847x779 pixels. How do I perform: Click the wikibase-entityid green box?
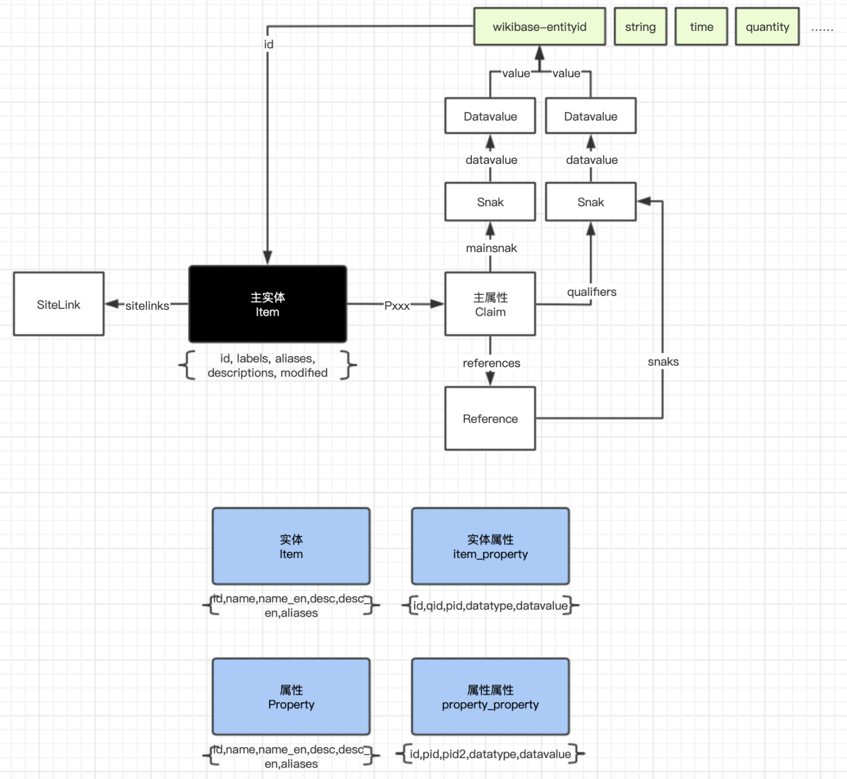(x=539, y=27)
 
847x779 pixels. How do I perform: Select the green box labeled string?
(x=640, y=27)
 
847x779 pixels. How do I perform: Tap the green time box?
(x=701, y=27)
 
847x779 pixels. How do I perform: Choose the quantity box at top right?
(x=767, y=27)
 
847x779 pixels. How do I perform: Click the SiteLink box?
(x=58, y=304)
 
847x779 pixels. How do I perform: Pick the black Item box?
(x=267, y=304)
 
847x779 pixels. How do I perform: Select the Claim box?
(x=490, y=304)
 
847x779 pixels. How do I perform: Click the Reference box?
(x=490, y=418)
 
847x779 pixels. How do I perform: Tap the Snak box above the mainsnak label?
(x=490, y=202)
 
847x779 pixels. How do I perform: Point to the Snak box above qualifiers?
(x=590, y=202)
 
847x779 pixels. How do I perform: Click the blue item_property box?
(x=490, y=546)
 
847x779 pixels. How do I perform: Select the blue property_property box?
(x=490, y=697)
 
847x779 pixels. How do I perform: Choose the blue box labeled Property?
(x=291, y=697)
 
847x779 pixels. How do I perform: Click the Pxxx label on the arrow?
(x=397, y=306)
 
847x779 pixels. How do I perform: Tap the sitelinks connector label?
(x=147, y=306)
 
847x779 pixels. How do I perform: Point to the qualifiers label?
(x=592, y=292)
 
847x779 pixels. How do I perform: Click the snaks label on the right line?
(x=663, y=361)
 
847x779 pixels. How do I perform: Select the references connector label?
(x=491, y=363)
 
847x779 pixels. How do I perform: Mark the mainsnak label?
(x=491, y=248)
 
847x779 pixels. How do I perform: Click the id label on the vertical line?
(x=268, y=44)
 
